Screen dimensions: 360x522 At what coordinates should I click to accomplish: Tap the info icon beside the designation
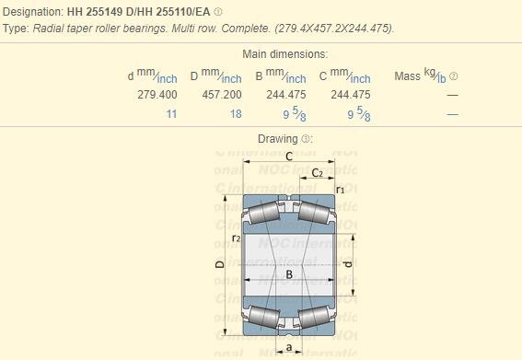coord(218,12)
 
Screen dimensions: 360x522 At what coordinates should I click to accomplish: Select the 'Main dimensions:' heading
coord(284,54)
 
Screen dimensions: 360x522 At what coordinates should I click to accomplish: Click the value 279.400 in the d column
coord(157,95)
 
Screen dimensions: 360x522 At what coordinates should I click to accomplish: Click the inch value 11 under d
coord(170,114)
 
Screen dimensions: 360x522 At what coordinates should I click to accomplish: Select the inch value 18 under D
coord(236,114)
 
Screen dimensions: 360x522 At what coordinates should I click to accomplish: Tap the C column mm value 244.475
coord(350,95)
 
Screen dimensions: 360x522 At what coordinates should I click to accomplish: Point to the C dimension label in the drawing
coord(288,157)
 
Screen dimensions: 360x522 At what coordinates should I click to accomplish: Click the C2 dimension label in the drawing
coord(317,173)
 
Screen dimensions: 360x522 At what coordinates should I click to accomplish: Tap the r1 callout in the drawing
coord(340,190)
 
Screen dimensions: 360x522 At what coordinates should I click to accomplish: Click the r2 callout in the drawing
coord(237,238)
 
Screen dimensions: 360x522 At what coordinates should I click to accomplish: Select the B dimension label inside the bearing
coord(288,274)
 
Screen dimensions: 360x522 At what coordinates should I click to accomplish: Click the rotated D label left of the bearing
coord(220,265)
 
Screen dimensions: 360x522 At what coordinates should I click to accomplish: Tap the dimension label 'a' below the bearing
coord(288,347)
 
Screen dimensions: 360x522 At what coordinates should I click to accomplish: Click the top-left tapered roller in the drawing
coord(263,215)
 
